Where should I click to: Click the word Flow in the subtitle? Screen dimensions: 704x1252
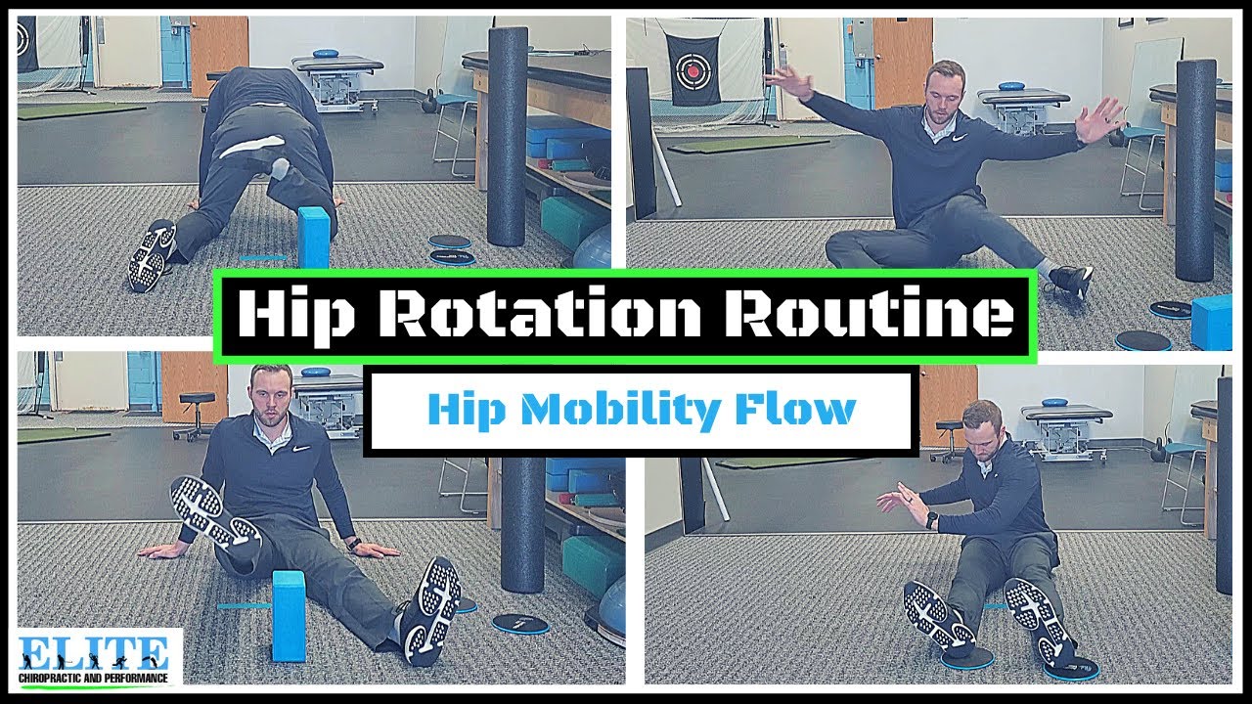click(801, 409)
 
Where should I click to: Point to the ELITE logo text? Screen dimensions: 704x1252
click(94, 651)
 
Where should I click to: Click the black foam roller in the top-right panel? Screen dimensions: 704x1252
click(1195, 166)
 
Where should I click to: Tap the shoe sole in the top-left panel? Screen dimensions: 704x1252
click(152, 255)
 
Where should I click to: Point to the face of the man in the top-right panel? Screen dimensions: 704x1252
click(944, 93)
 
